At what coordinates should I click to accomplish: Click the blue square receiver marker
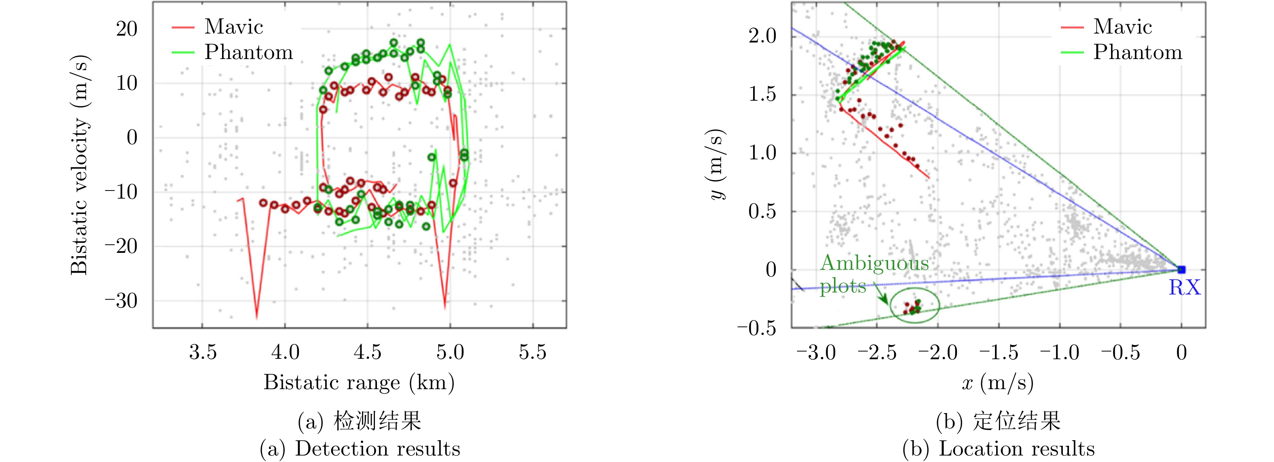1181,269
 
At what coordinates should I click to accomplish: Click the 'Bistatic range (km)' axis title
359,382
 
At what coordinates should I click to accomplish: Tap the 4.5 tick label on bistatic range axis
368,353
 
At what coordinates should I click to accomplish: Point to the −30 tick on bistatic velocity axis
121,301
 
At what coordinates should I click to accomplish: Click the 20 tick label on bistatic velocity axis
127,29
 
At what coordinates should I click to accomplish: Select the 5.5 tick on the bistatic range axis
533,353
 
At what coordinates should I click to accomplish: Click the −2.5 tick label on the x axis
876,353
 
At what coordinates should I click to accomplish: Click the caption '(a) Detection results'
360,449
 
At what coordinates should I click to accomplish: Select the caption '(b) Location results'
998,449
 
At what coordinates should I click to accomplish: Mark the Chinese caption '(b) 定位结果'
998,421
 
